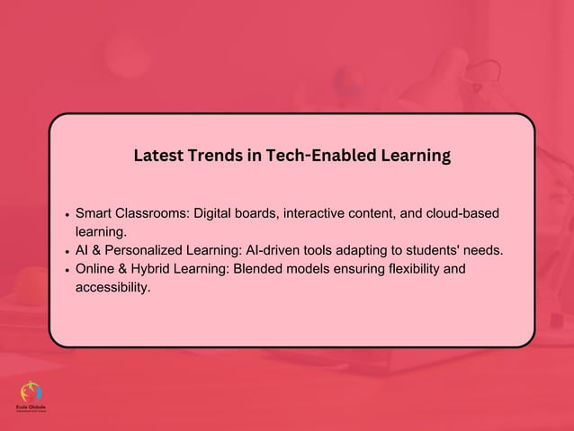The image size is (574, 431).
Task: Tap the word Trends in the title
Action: coord(214,156)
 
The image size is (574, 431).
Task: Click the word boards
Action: coord(268,214)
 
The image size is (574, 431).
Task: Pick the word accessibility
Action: coord(112,287)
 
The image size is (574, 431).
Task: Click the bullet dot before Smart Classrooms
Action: coord(67,216)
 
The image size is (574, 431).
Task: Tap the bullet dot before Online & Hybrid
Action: coord(67,269)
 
